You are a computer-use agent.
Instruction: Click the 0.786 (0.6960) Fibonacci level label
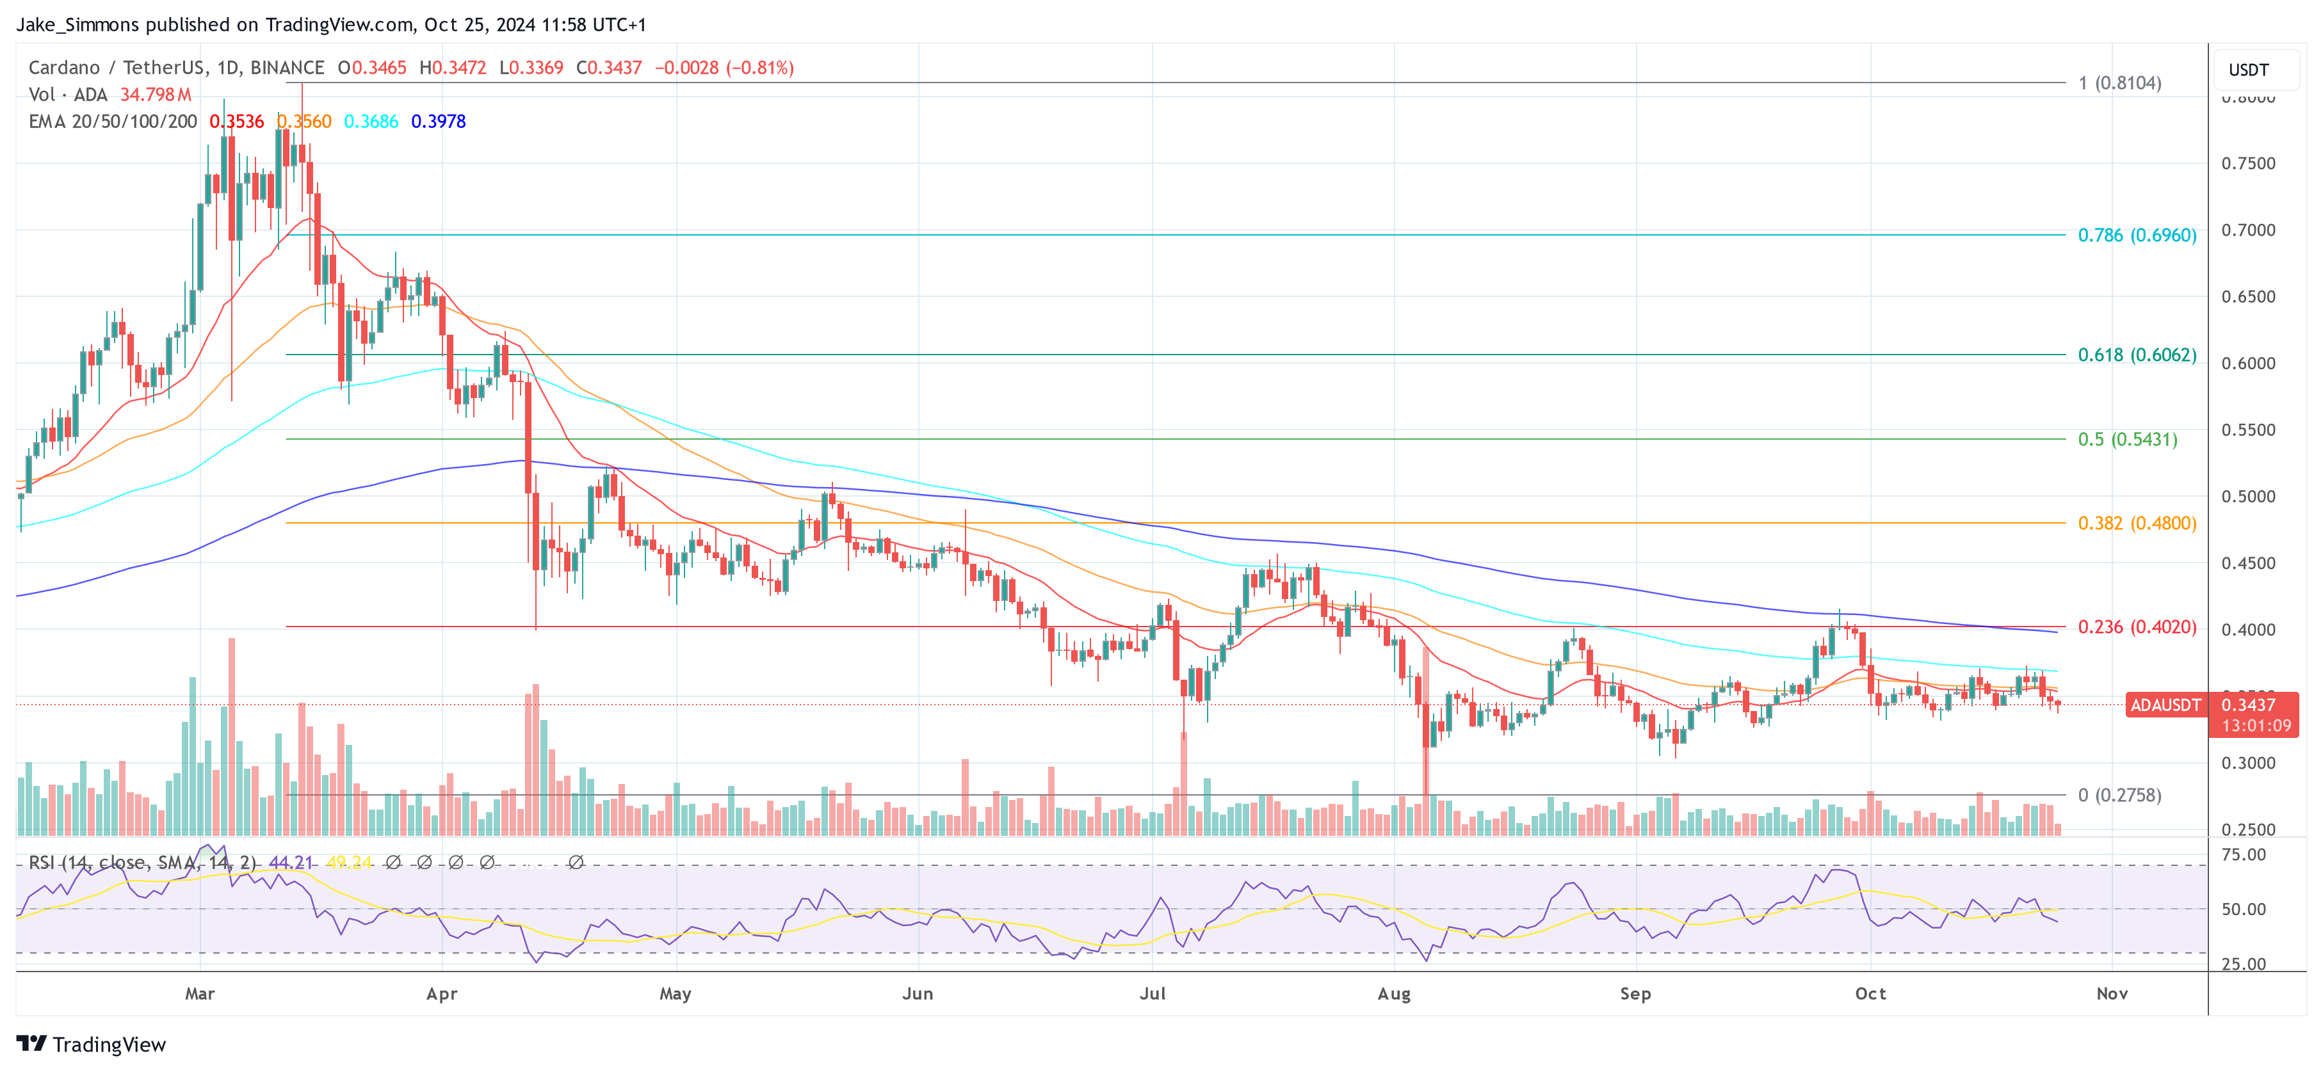[x=2136, y=236]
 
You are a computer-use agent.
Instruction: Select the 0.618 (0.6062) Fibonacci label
[x=2136, y=355]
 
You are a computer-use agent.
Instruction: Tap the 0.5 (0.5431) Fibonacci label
[x=2126, y=439]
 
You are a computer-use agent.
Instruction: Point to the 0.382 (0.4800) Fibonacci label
[x=2136, y=523]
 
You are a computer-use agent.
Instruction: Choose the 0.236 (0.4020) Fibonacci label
[x=2136, y=627]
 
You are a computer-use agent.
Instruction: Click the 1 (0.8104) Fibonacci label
[x=2119, y=83]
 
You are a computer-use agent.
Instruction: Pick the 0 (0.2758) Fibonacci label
[x=2119, y=796]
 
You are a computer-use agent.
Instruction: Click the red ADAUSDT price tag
[x=2164, y=705]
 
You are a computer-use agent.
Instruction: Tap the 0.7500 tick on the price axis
[x=2247, y=163]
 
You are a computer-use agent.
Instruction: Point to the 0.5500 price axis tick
[x=2247, y=430]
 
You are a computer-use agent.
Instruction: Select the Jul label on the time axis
[x=1152, y=993]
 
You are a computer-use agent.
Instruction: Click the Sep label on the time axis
[x=1635, y=993]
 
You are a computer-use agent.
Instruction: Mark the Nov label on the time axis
[x=2111, y=993]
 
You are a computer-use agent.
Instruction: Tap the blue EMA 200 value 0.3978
[x=438, y=122]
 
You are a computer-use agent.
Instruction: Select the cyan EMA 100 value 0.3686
[x=371, y=122]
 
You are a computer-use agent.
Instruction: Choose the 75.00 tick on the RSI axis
[x=2243, y=854]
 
